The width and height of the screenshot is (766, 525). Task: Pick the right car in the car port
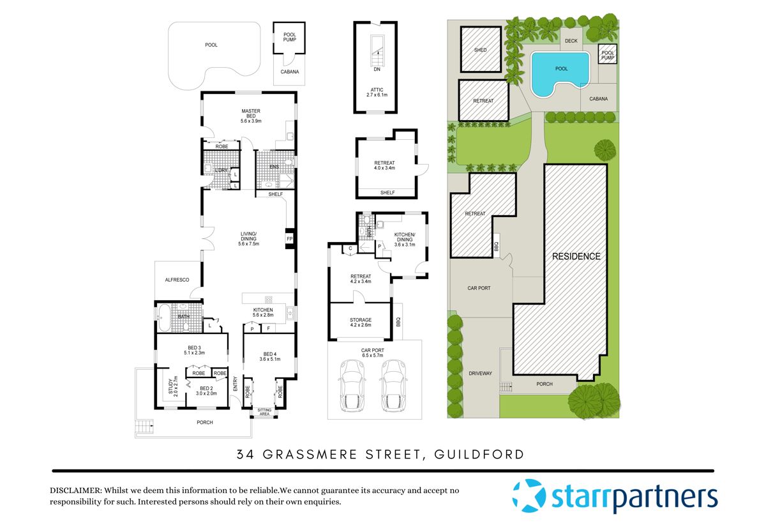click(394, 386)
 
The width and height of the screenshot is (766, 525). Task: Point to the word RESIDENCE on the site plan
click(576, 256)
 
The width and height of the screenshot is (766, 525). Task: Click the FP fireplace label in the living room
click(289, 239)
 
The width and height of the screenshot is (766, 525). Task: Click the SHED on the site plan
click(481, 50)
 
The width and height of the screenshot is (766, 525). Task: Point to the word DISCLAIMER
click(75, 491)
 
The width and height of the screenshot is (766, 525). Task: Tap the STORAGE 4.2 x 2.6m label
click(361, 323)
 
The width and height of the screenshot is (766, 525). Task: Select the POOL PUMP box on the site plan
click(608, 54)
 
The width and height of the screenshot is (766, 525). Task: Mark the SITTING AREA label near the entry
click(264, 412)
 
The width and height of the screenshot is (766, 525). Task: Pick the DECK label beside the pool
click(571, 41)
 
